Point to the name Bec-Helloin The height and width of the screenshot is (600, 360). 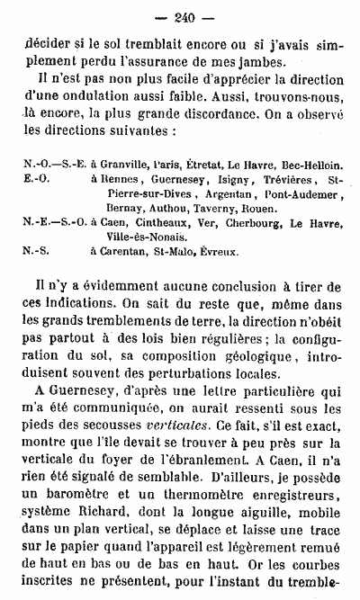(311, 166)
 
